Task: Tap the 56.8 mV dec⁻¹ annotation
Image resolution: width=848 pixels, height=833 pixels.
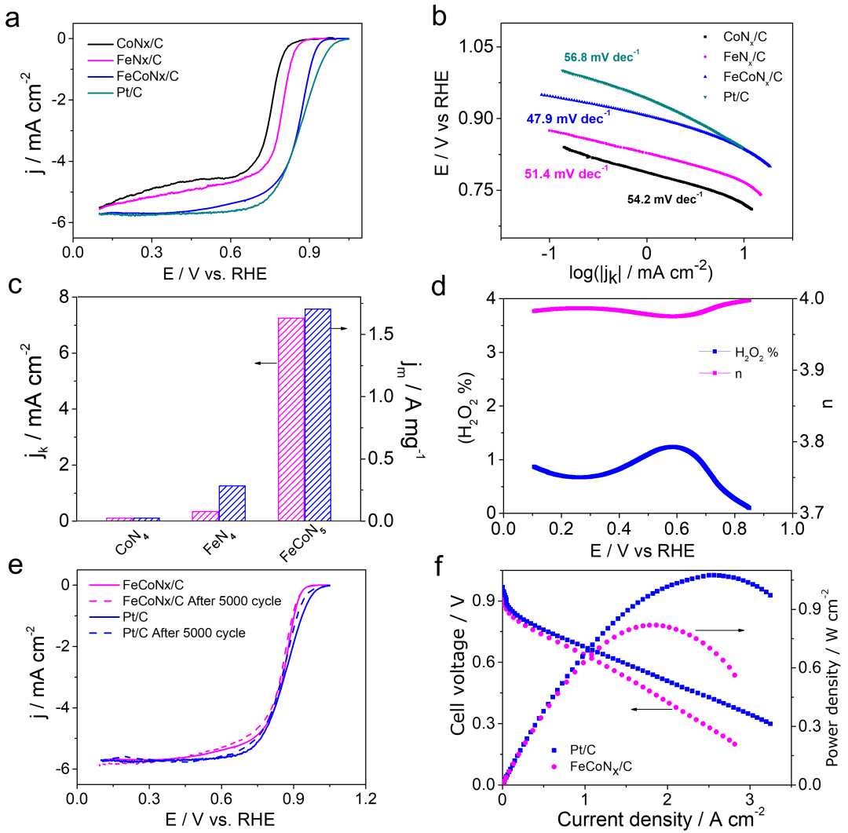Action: pos(601,57)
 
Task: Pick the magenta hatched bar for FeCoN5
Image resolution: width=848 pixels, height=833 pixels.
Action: pos(291,419)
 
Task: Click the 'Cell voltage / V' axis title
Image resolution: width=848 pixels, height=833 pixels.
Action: pos(459,675)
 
